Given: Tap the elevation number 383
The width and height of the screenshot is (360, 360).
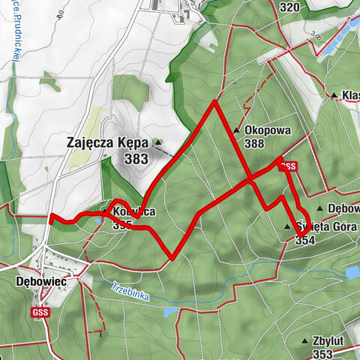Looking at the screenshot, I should tap(137, 158).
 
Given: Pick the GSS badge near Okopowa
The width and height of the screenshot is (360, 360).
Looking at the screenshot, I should tap(287, 166).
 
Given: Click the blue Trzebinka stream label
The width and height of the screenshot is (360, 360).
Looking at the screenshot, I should tap(130, 292).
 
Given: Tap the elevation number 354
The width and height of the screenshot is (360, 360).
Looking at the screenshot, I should tap(305, 241).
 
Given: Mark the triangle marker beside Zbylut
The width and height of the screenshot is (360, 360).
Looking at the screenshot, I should tap(304, 341).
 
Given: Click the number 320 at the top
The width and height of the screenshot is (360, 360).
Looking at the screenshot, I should tap(289, 7).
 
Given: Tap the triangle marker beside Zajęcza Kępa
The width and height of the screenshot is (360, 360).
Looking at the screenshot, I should tap(157, 142).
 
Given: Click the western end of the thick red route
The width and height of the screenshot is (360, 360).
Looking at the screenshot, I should tap(51, 220).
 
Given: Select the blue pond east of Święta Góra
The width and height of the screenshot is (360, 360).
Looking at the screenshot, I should tap(351, 271).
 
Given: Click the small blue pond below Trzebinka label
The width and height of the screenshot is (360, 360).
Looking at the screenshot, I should tap(171, 311).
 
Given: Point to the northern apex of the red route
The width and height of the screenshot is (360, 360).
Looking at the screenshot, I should tap(215, 101).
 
